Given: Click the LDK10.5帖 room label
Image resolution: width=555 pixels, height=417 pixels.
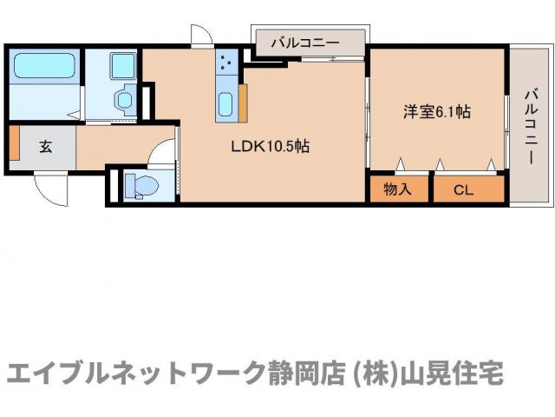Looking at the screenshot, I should (x=270, y=147).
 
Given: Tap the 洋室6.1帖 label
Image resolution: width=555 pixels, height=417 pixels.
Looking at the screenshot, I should (x=436, y=112).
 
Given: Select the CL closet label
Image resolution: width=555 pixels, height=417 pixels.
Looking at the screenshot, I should (x=465, y=189).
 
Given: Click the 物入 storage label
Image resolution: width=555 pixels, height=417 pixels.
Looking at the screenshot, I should (x=398, y=189).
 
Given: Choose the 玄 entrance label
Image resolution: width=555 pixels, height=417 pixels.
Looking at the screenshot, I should (x=44, y=146).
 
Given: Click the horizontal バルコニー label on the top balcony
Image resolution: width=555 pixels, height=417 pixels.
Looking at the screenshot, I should (x=304, y=41).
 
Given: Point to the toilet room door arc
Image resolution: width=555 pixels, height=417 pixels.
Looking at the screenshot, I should (x=162, y=153).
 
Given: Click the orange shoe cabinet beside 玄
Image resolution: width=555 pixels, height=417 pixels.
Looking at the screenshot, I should (x=14, y=144).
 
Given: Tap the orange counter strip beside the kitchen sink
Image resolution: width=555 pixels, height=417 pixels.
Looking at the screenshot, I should (x=244, y=103).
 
